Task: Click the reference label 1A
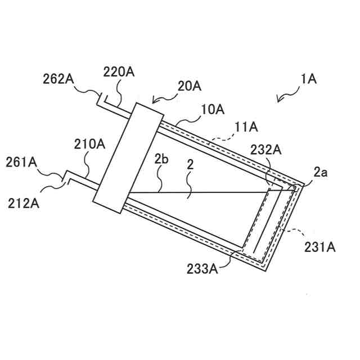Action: point(309,79)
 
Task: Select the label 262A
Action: point(59,79)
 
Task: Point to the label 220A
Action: point(119,71)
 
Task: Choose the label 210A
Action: point(90,144)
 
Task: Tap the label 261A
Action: point(22,163)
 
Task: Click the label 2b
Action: point(162,160)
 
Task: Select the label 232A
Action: point(266,150)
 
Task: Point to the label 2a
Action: point(320,173)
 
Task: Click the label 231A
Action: point(320,246)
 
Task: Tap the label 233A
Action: point(202,268)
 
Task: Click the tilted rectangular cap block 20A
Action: point(124,158)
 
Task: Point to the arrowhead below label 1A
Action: point(279,101)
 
